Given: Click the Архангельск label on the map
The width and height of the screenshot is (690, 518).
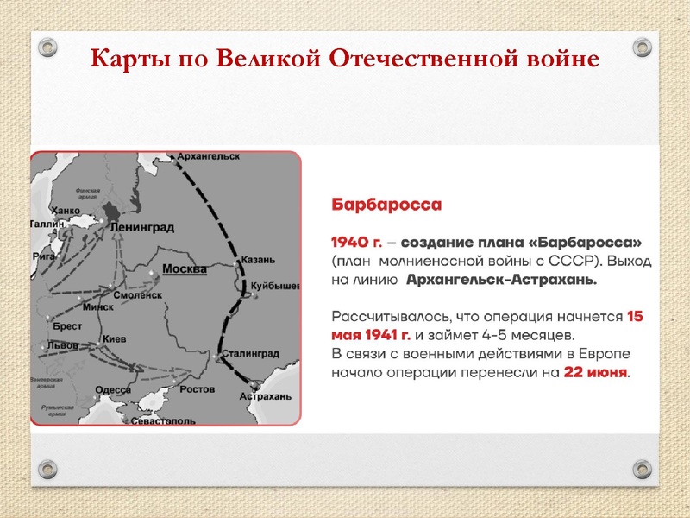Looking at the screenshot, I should pos(209,156).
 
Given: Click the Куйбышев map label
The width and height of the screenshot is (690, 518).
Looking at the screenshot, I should pos(275,285).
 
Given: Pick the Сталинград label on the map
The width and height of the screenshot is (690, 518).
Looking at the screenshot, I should pos(250,354).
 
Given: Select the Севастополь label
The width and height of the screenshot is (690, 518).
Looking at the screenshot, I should pos(164,420).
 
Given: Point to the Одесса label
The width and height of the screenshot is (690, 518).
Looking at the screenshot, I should pos(112,390).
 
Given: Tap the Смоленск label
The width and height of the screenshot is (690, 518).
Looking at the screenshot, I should pos(138,294).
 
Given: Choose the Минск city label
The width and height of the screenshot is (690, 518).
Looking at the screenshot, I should pos(97,306).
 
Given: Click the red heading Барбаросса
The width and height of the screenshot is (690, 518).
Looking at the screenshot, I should pos(387,205).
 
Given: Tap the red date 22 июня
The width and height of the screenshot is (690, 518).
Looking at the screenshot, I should pos(596,374).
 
